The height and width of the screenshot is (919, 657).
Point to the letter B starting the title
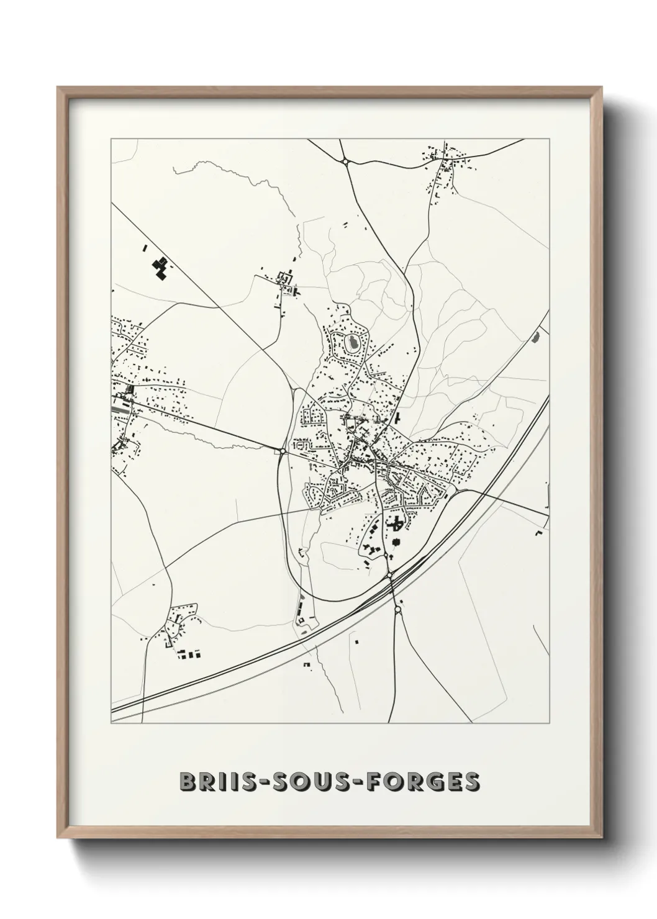pyautogui.click(x=187, y=782)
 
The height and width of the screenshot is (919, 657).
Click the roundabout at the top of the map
pyautogui.click(x=345, y=161)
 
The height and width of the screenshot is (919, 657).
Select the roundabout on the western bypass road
pyautogui.click(x=283, y=451)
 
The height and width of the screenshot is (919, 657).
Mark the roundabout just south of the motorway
pyautogui.click(x=398, y=610)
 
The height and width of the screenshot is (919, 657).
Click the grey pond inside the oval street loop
pyautogui.click(x=352, y=341)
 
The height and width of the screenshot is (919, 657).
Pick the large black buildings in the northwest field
pyautogui.click(x=161, y=268)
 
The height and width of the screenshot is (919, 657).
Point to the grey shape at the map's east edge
pyautogui.click(x=536, y=338)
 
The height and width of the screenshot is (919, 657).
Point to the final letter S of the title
pyautogui.click(x=472, y=782)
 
